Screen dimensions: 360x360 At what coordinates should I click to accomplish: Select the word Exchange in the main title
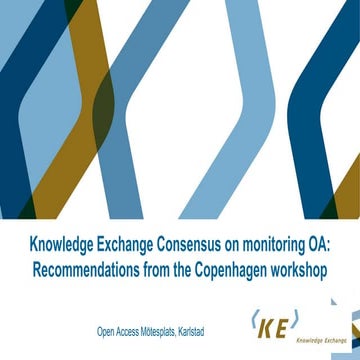[114, 245]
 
